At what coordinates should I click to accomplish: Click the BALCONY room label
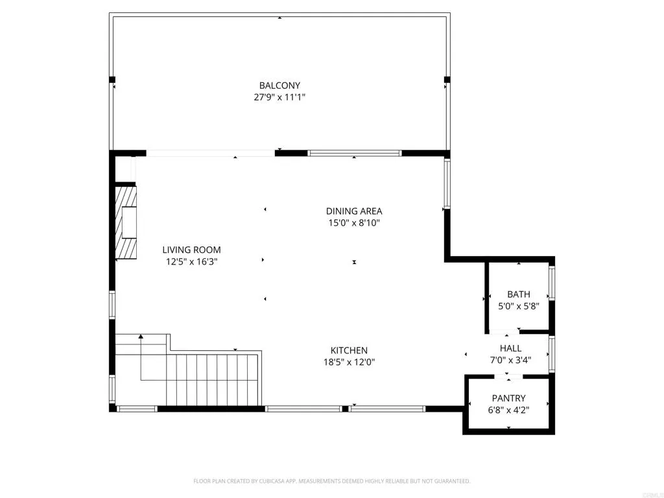(279, 86)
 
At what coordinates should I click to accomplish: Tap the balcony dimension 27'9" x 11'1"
(279, 97)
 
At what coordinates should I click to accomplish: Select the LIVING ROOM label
(191, 250)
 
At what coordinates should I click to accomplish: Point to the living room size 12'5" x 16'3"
(191, 262)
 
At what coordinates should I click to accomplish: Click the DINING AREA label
(354, 211)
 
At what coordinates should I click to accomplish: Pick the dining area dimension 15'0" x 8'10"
(354, 223)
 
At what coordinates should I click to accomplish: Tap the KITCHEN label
(350, 350)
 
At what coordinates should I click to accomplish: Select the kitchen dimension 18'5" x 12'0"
(350, 362)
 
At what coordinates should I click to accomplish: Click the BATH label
(519, 294)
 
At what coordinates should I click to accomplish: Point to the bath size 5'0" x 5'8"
(519, 306)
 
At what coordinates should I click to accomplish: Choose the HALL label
(510, 349)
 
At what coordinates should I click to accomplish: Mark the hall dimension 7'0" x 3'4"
(510, 361)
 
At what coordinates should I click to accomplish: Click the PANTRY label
(509, 398)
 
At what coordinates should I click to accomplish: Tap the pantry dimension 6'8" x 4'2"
(509, 410)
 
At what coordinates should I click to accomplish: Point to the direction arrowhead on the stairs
(141, 337)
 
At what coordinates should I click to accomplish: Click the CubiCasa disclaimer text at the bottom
(332, 481)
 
